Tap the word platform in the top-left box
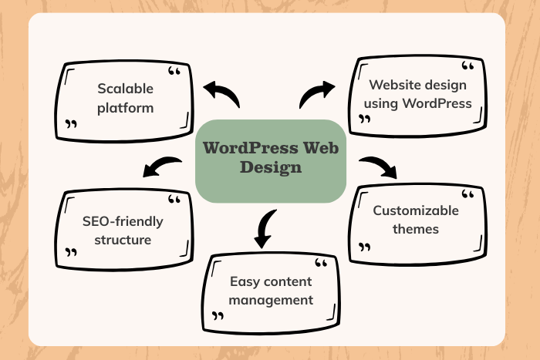(125, 107)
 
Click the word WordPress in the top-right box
(437, 103)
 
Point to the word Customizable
(415, 210)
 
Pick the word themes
(415, 229)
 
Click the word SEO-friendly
(123, 221)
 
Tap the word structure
(123, 240)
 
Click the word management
(271, 299)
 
